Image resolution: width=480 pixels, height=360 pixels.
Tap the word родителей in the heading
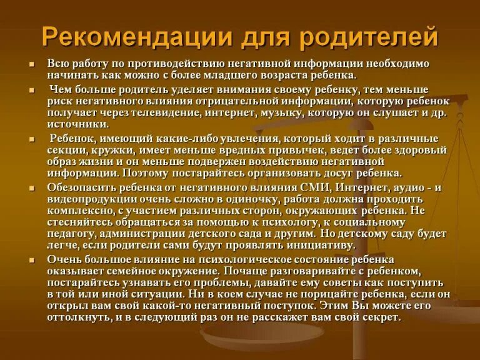point(369,37)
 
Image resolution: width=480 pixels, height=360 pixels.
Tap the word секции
point(66,151)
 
